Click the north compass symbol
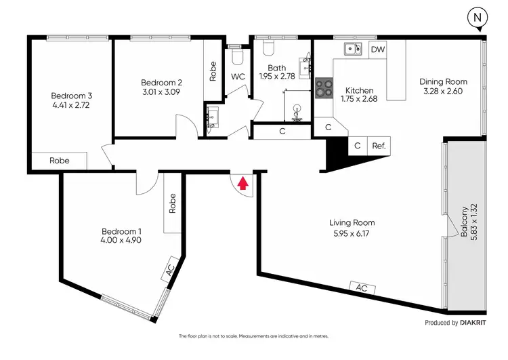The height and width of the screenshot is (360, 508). click(x=479, y=18)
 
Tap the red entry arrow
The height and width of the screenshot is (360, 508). click(x=243, y=181)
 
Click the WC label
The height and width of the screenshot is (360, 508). click(x=238, y=77)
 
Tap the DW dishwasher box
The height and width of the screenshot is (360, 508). click(x=378, y=49)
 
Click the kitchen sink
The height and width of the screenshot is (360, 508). click(x=352, y=48)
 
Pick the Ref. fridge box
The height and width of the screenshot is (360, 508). click(x=378, y=145)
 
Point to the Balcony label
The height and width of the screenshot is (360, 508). click(x=465, y=220)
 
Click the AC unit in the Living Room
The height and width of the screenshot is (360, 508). click(x=362, y=287)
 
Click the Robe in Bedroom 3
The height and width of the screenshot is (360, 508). click(x=60, y=161)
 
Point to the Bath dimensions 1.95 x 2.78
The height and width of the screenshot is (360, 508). click(x=277, y=77)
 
